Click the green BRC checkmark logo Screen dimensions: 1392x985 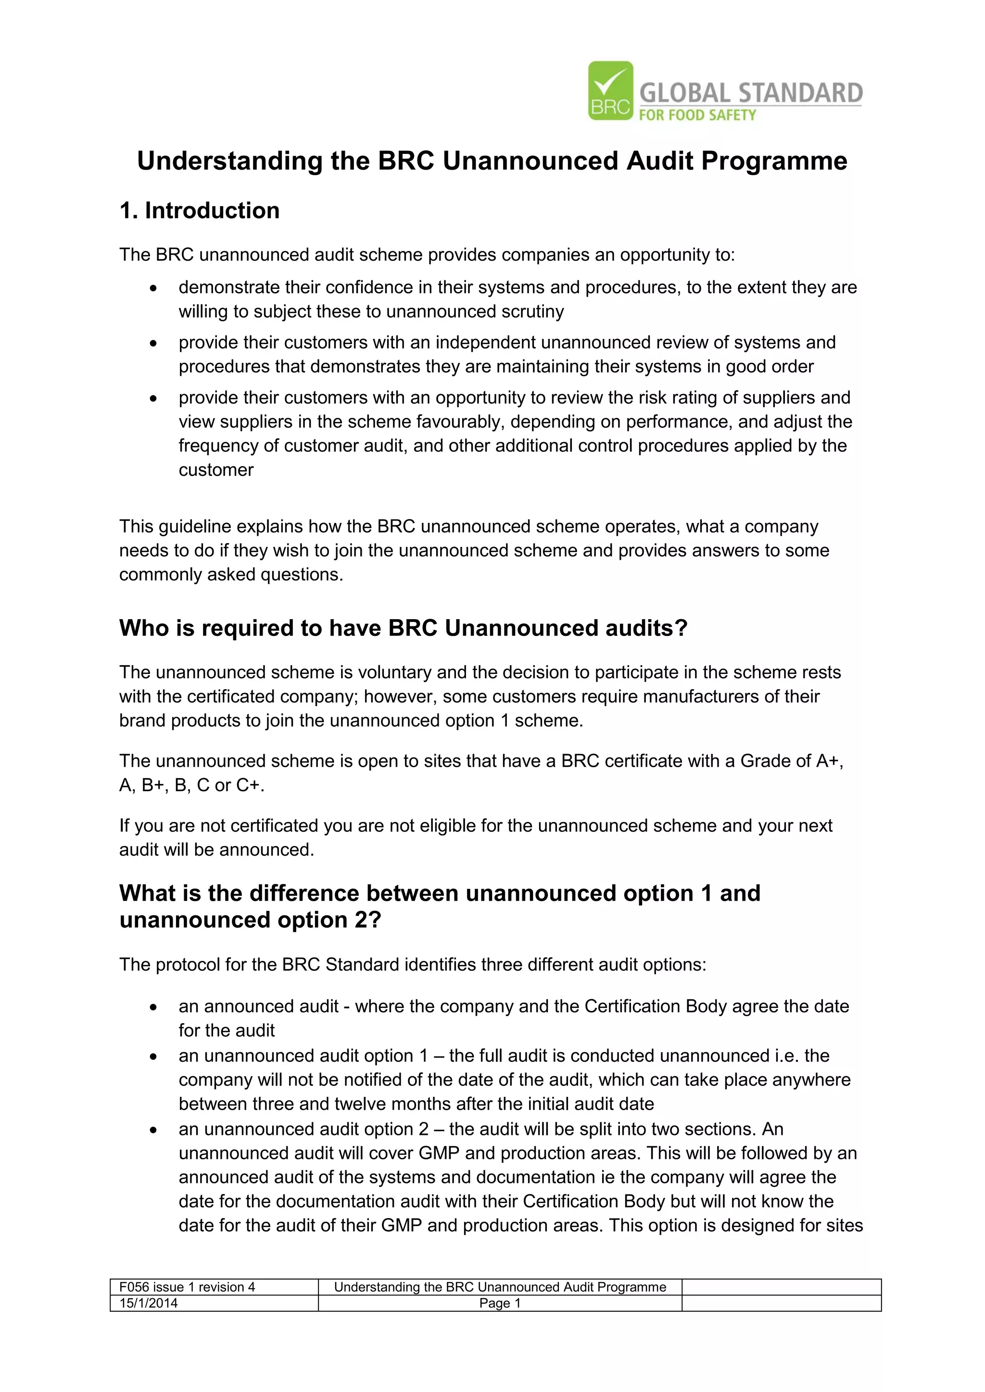click(x=610, y=90)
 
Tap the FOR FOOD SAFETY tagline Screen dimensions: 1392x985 click(x=697, y=115)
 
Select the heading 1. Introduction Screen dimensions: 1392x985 click(x=200, y=211)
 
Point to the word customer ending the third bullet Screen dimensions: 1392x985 click(x=216, y=470)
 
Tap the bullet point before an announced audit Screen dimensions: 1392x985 click(x=153, y=1007)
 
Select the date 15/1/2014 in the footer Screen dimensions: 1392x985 click(x=149, y=1304)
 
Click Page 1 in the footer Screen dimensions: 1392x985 click(x=500, y=1304)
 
